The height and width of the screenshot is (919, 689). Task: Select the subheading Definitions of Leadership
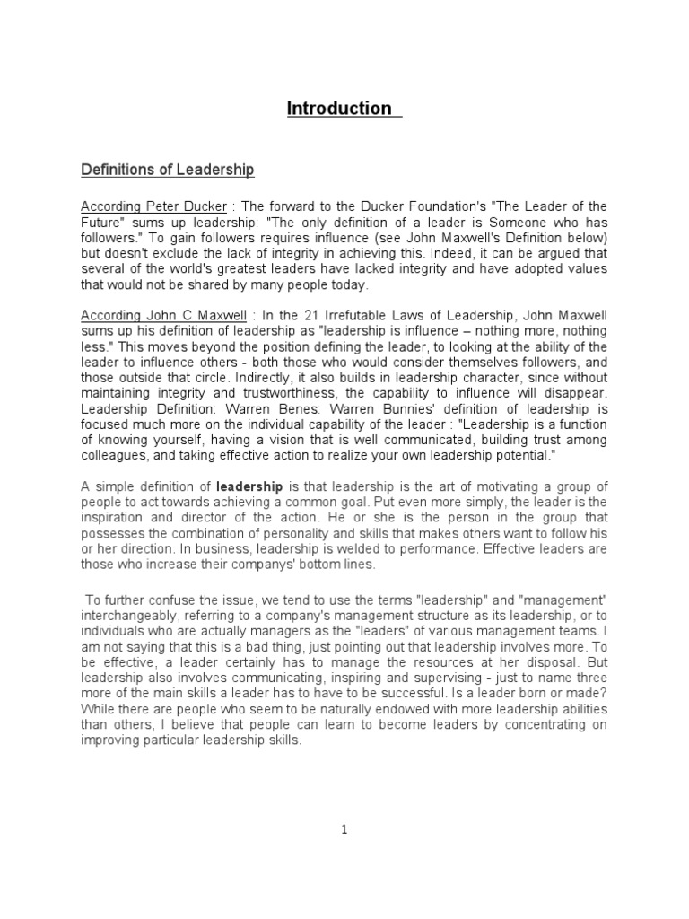pyautogui.click(x=168, y=170)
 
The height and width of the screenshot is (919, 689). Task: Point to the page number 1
pyautogui.click(x=344, y=830)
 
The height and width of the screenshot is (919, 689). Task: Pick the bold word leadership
pyautogui.click(x=250, y=487)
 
